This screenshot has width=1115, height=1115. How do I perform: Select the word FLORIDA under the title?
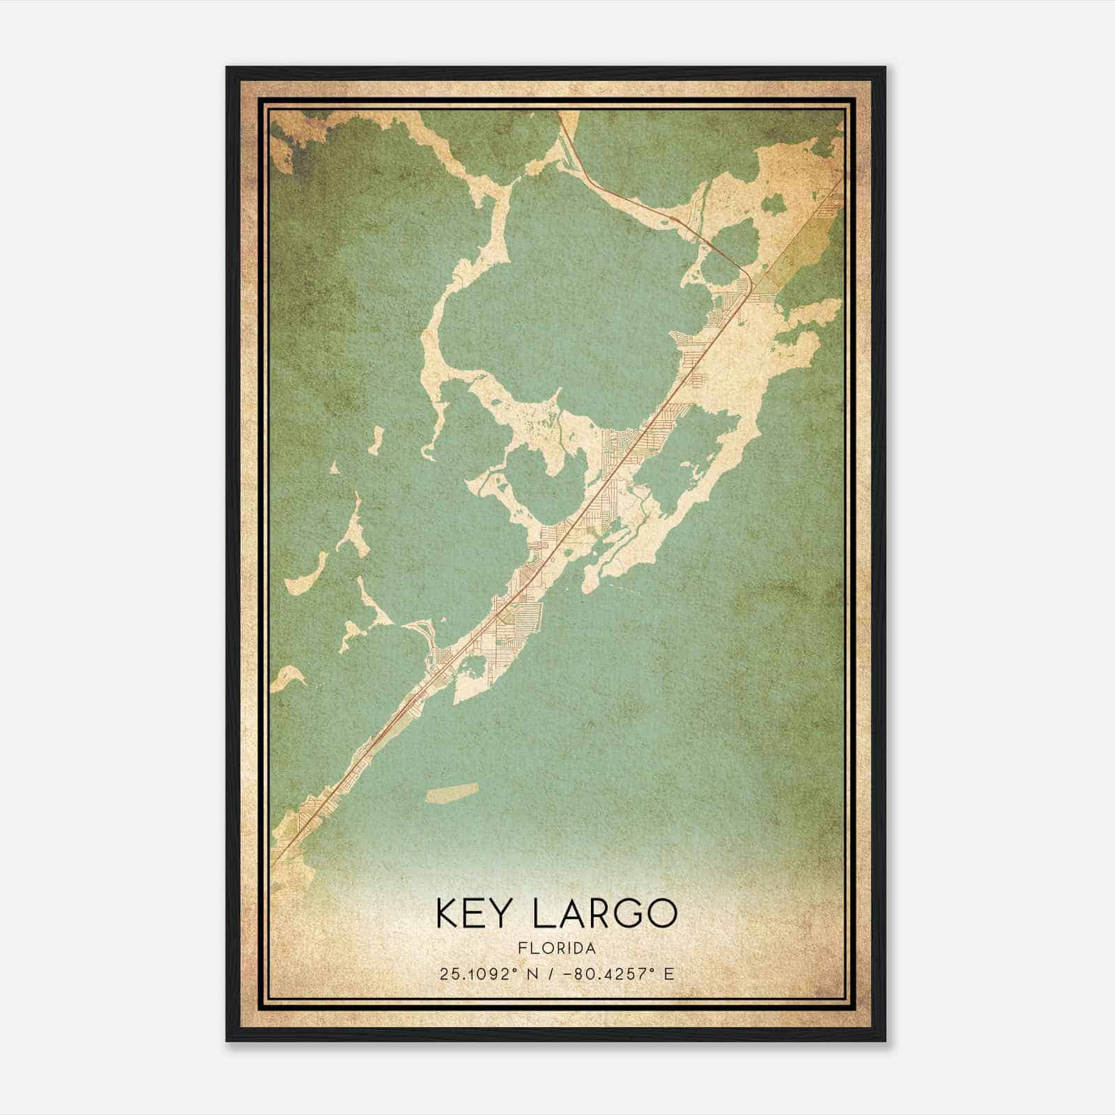(556, 948)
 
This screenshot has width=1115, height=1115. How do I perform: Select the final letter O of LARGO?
(660, 913)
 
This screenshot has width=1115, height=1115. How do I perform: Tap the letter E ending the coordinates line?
(669, 974)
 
